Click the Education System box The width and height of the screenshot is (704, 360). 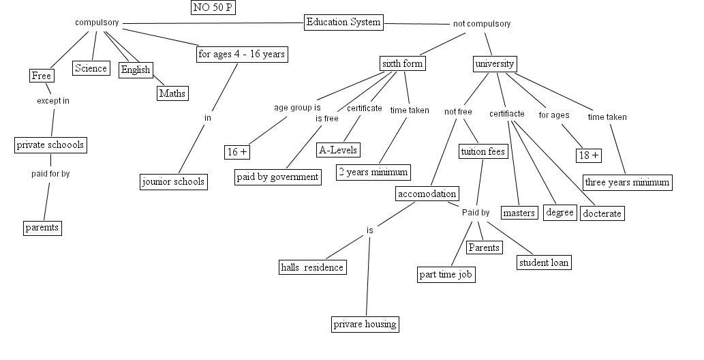[x=343, y=22]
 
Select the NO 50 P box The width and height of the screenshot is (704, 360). [x=214, y=8]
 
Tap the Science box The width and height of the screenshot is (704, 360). [x=91, y=67]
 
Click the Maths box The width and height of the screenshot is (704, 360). [x=172, y=93]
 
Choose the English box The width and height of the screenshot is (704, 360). [x=135, y=70]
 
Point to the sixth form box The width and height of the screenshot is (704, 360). [x=402, y=63]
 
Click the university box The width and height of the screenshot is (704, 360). [x=494, y=63]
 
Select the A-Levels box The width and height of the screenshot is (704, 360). [x=338, y=149]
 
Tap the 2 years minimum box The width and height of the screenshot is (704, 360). [x=373, y=171]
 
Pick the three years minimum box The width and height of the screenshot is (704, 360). [x=627, y=182]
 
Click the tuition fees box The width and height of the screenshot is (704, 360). [x=483, y=151]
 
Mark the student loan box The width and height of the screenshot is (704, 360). [x=543, y=262]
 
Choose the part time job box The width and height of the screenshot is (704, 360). [x=446, y=274]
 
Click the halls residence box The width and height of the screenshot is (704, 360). [x=312, y=267]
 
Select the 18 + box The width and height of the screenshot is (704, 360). [x=588, y=155]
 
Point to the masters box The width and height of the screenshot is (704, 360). [x=519, y=213]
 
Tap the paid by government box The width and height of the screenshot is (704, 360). [x=277, y=177]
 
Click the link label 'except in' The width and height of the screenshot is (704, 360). [x=53, y=100]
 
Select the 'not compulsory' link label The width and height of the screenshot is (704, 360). [x=482, y=24]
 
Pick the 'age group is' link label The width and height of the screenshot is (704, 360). [x=297, y=107]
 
